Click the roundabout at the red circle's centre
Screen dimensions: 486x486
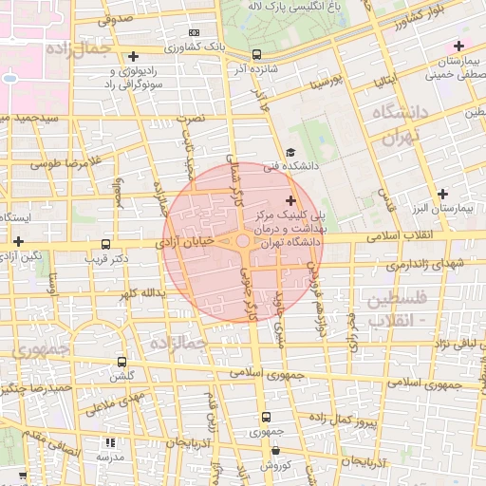click(243, 243)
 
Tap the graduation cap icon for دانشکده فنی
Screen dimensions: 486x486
click(290, 152)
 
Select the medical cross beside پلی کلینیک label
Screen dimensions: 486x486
click(290, 200)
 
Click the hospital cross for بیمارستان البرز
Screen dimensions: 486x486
click(442, 194)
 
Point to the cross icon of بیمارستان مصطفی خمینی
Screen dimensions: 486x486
click(459, 46)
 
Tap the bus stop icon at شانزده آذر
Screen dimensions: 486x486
click(256, 54)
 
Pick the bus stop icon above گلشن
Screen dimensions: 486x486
click(121, 362)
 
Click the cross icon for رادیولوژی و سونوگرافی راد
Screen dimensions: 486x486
click(133, 57)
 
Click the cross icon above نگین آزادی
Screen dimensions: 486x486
click(18, 241)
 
